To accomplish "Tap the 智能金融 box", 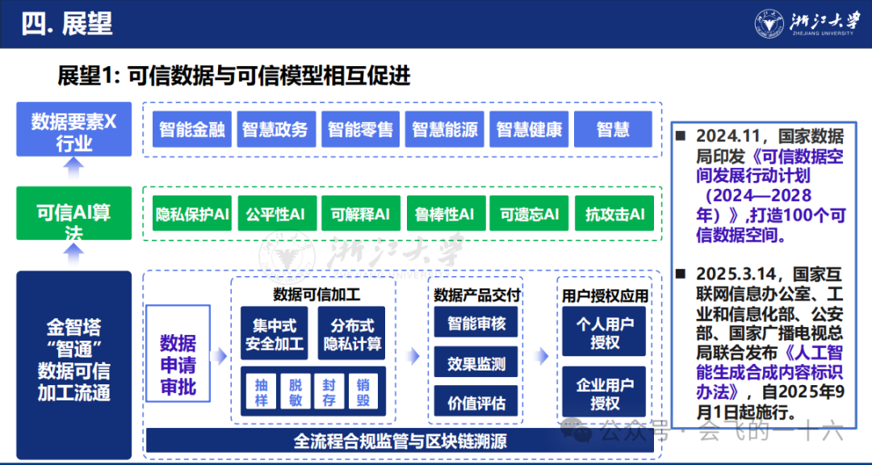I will [191, 129].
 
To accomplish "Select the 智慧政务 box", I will [275, 129].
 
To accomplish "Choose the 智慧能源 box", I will [444, 129].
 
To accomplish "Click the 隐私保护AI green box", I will [192, 214].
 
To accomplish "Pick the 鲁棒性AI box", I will [445, 214].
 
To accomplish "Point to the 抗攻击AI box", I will [614, 214].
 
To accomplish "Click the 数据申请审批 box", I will [178, 365].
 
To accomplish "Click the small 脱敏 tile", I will [295, 392].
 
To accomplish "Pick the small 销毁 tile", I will [363, 392].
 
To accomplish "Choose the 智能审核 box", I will [476, 324].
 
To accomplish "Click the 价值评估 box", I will [476, 402].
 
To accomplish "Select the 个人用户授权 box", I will [604, 333].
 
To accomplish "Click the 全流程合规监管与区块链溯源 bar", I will [400, 442].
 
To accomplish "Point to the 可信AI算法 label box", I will [73, 213].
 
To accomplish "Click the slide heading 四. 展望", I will [67, 23].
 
